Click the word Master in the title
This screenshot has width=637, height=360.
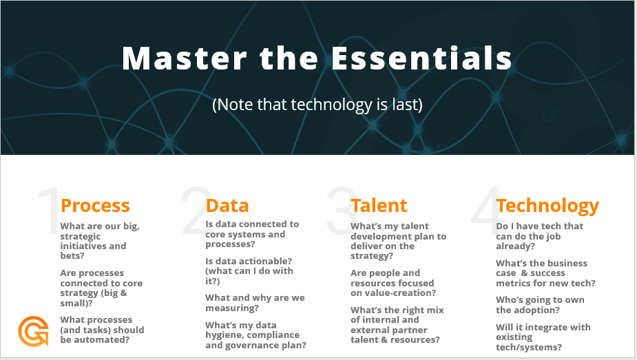click(x=185, y=58)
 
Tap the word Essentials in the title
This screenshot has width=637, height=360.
click(x=421, y=58)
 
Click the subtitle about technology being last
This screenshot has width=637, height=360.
click(x=317, y=105)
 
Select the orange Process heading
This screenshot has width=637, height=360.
click(x=95, y=205)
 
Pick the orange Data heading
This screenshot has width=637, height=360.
click(x=227, y=205)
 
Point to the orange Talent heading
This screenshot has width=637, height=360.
click(x=379, y=205)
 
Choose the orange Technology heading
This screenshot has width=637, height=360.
click(x=547, y=207)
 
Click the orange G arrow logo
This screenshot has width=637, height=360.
click(x=33, y=331)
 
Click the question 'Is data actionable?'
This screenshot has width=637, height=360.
click(x=249, y=271)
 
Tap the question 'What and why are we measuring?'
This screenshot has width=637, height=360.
click(x=255, y=303)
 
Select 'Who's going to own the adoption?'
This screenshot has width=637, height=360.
click(x=541, y=305)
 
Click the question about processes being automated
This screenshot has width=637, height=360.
click(x=102, y=330)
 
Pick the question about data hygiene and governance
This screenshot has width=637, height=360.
click(x=256, y=335)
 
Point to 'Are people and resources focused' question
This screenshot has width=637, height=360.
click(x=393, y=283)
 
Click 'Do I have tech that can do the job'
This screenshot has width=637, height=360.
click(x=539, y=236)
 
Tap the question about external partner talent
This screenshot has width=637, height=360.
click(x=397, y=325)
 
